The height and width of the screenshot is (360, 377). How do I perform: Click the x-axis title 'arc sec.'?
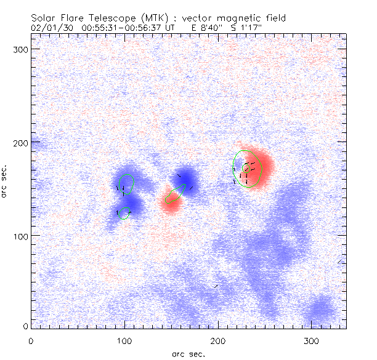click(x=188, y=354)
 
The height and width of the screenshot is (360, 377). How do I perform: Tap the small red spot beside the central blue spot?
click(x=170, y=202)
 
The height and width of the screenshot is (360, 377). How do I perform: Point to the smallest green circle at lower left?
click(x=126, y=213)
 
